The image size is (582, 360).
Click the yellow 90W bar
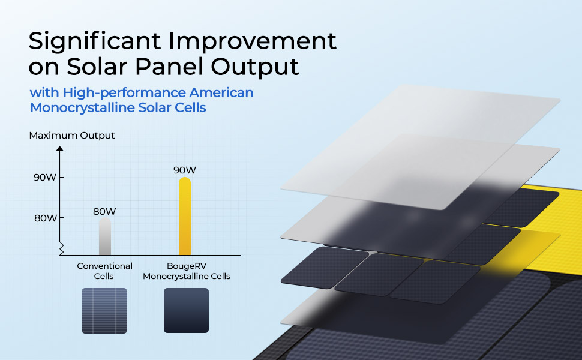(x=185, y=216)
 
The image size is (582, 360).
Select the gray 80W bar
(x=105, y=236)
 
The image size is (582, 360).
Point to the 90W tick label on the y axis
(x=45, y=178)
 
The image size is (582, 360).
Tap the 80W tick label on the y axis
(x=45, y=218)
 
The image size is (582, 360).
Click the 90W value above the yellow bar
(x=185, y=170)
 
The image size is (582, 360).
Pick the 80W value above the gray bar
(x=104, y=212)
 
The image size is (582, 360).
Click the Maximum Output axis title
(x=72, y=136)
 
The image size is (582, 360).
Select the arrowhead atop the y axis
(x=60, y=148)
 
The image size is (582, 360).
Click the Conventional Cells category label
(x=104, y=271)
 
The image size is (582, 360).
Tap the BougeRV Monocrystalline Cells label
(x=187, y=271)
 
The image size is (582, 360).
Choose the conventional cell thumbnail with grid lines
(x=104, y=311)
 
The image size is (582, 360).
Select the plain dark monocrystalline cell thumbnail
(x=187, y=310)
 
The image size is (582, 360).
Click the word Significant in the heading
(x=95, y=41)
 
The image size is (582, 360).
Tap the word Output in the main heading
(x=255, y=67)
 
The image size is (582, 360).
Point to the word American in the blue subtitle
(x=221, y=92)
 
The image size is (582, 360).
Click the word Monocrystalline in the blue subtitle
(x=82, y=107)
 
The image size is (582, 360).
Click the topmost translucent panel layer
(x=421, y=146)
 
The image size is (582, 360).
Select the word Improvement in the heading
(x=253, y=41)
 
